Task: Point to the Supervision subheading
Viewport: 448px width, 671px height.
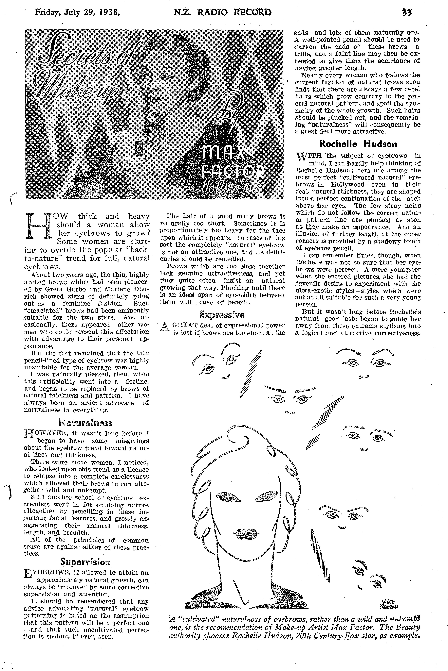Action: coord(85,562)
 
